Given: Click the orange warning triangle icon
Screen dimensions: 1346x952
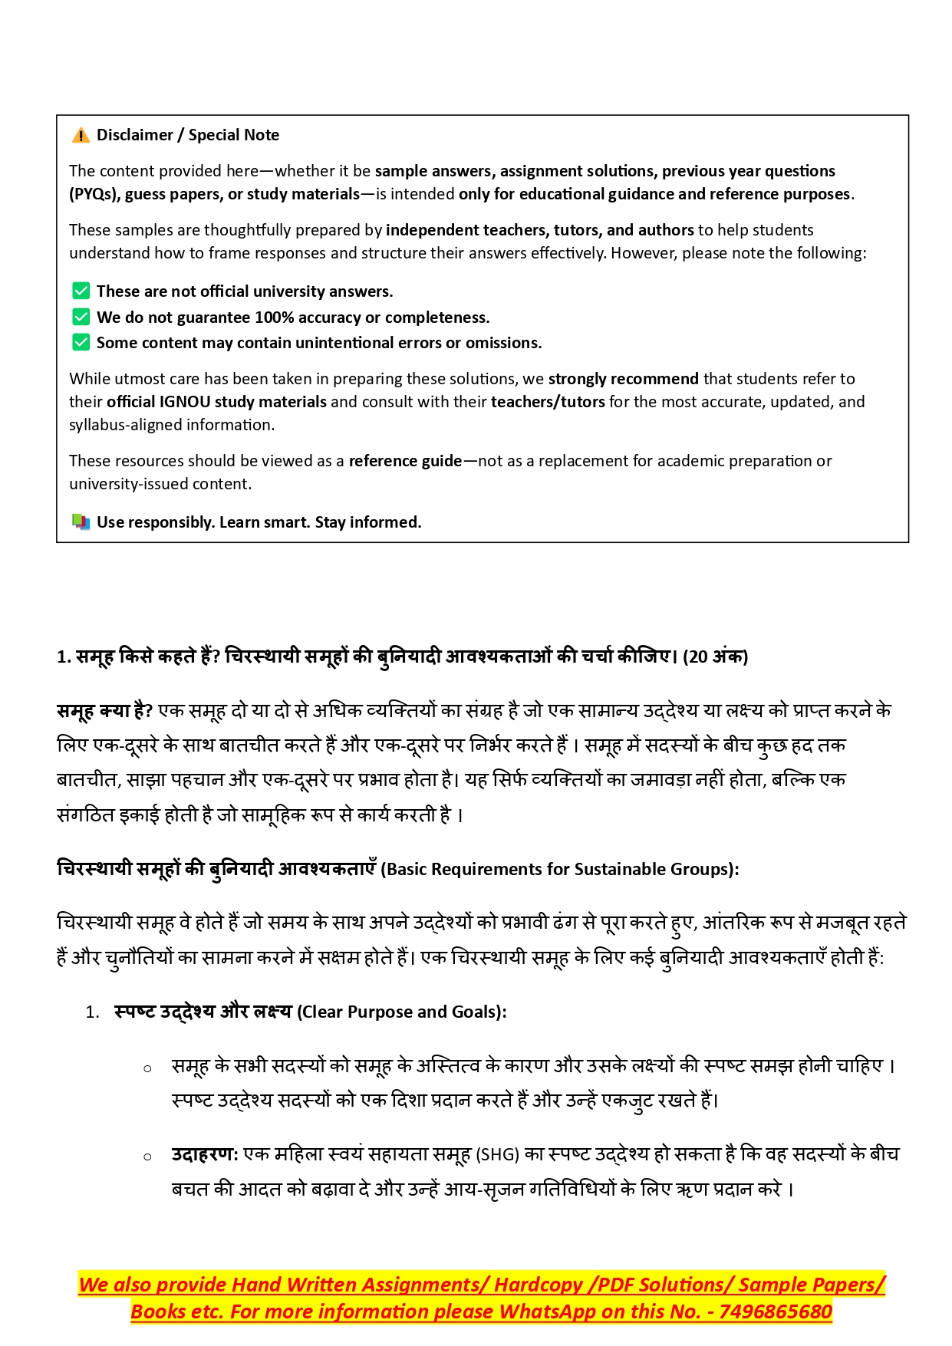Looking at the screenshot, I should [81, 136].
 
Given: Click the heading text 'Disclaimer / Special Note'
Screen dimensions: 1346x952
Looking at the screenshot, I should [188, 135].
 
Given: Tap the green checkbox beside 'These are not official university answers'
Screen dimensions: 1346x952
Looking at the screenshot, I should [81, 291].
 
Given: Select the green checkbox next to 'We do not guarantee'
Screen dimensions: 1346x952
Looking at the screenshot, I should [81, 317].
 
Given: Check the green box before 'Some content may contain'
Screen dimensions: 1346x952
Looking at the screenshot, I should [81, 342].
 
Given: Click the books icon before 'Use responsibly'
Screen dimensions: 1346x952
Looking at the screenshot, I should [81, 522].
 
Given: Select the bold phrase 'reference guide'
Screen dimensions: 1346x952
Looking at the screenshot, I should [405, 461].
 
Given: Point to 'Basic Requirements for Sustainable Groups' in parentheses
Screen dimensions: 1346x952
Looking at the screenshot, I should [559, 870].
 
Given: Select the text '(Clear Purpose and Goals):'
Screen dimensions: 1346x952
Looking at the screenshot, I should [402, 1012].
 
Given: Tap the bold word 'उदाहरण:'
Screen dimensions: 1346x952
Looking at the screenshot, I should [205, 1154].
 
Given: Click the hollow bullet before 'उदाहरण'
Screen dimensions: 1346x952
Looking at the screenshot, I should [147, 1157].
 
